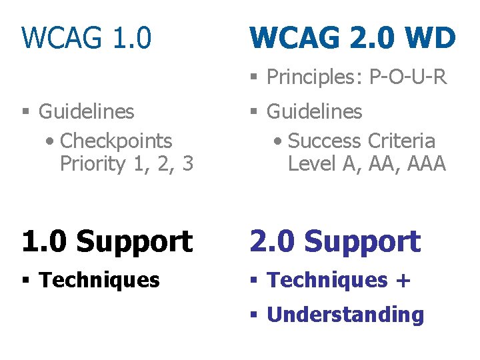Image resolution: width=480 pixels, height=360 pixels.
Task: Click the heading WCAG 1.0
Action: click(87, 38)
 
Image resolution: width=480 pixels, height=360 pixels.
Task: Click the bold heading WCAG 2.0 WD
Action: click(353, 38)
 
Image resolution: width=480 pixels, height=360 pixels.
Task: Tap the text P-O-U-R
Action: click(408, 77)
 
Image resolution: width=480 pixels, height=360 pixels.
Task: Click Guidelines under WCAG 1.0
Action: click(87, 111)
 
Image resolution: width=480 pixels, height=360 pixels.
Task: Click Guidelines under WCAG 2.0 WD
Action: click(315, 111)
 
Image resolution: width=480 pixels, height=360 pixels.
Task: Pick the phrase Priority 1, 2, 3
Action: click(127, 163)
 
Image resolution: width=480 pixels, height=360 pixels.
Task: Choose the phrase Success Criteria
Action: click(361, 141)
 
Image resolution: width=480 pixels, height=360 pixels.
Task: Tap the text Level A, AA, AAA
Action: click(367, 163)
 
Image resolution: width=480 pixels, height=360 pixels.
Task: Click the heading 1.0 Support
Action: click(107, 241)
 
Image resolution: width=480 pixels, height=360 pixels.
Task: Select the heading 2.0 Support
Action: click(335, 241)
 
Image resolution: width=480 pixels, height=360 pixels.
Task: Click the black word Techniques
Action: click(99, 280)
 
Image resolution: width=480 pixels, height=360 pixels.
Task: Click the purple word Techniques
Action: click(327, 280)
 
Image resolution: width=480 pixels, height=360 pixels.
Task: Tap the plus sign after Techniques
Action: click(403, 281)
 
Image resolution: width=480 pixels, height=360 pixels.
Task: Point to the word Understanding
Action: click(345, 315)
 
